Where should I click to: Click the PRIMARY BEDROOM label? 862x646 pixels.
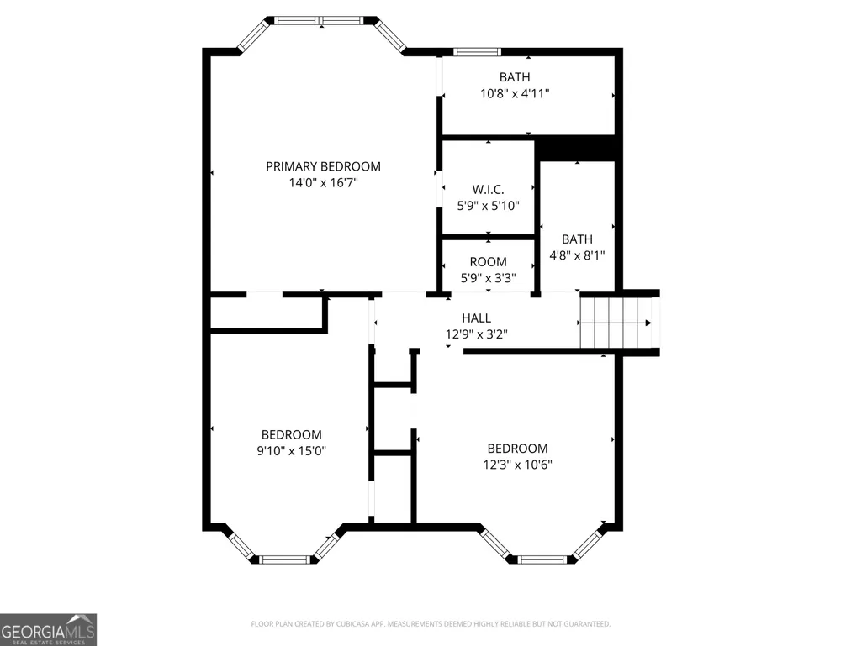[x=323, y=166]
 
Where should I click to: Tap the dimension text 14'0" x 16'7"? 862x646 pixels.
[x=323, y=182]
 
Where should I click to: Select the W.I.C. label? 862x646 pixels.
[x=488, y=190]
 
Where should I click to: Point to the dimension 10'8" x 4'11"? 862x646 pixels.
[x=515, y=93]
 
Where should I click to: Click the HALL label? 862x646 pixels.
[x=477, y=318]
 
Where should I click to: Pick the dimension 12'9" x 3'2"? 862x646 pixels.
[x=477, y=334]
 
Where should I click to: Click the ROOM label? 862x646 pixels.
[x=488, y=262]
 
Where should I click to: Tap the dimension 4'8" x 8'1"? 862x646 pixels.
[x=577, y=255]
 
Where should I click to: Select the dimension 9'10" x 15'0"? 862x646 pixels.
[x=291, y=451]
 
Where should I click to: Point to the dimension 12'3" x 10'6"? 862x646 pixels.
[x=517, y=465]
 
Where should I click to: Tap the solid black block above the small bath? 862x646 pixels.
[x=575, y=149]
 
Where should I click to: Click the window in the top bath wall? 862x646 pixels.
[x=477, y=52]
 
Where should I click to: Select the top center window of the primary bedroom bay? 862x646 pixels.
[x=319, y=21]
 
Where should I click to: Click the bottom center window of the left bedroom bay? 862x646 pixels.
[x=285, y=559]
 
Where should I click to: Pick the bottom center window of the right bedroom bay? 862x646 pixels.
[x=542, y=559]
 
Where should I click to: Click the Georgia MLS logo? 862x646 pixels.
[x=49, y=629]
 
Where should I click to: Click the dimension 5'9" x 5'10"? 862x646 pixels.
[x=488, y=206]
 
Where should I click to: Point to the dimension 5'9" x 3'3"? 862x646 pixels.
[x=488, y=278]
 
